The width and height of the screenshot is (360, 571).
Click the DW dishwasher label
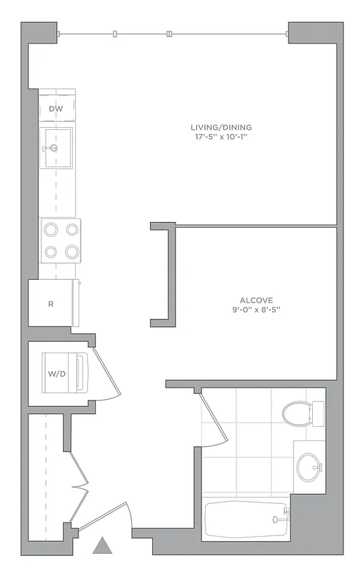tap(55, 108)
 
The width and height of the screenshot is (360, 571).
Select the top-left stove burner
tap(51, 230)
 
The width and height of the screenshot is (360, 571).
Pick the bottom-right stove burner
tap(71, 251)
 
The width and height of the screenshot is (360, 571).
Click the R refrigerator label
tap(51, 303)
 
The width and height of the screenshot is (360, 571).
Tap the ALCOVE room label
tap(257, 300)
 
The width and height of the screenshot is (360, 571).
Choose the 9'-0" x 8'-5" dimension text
tap(257, 310)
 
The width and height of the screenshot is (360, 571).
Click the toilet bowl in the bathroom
tap(296, 412)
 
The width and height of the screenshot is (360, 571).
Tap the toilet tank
tap(318, 412)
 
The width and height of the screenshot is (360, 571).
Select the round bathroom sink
tap(310, 468)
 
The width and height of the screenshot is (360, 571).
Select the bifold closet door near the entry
tap(79, 485)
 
